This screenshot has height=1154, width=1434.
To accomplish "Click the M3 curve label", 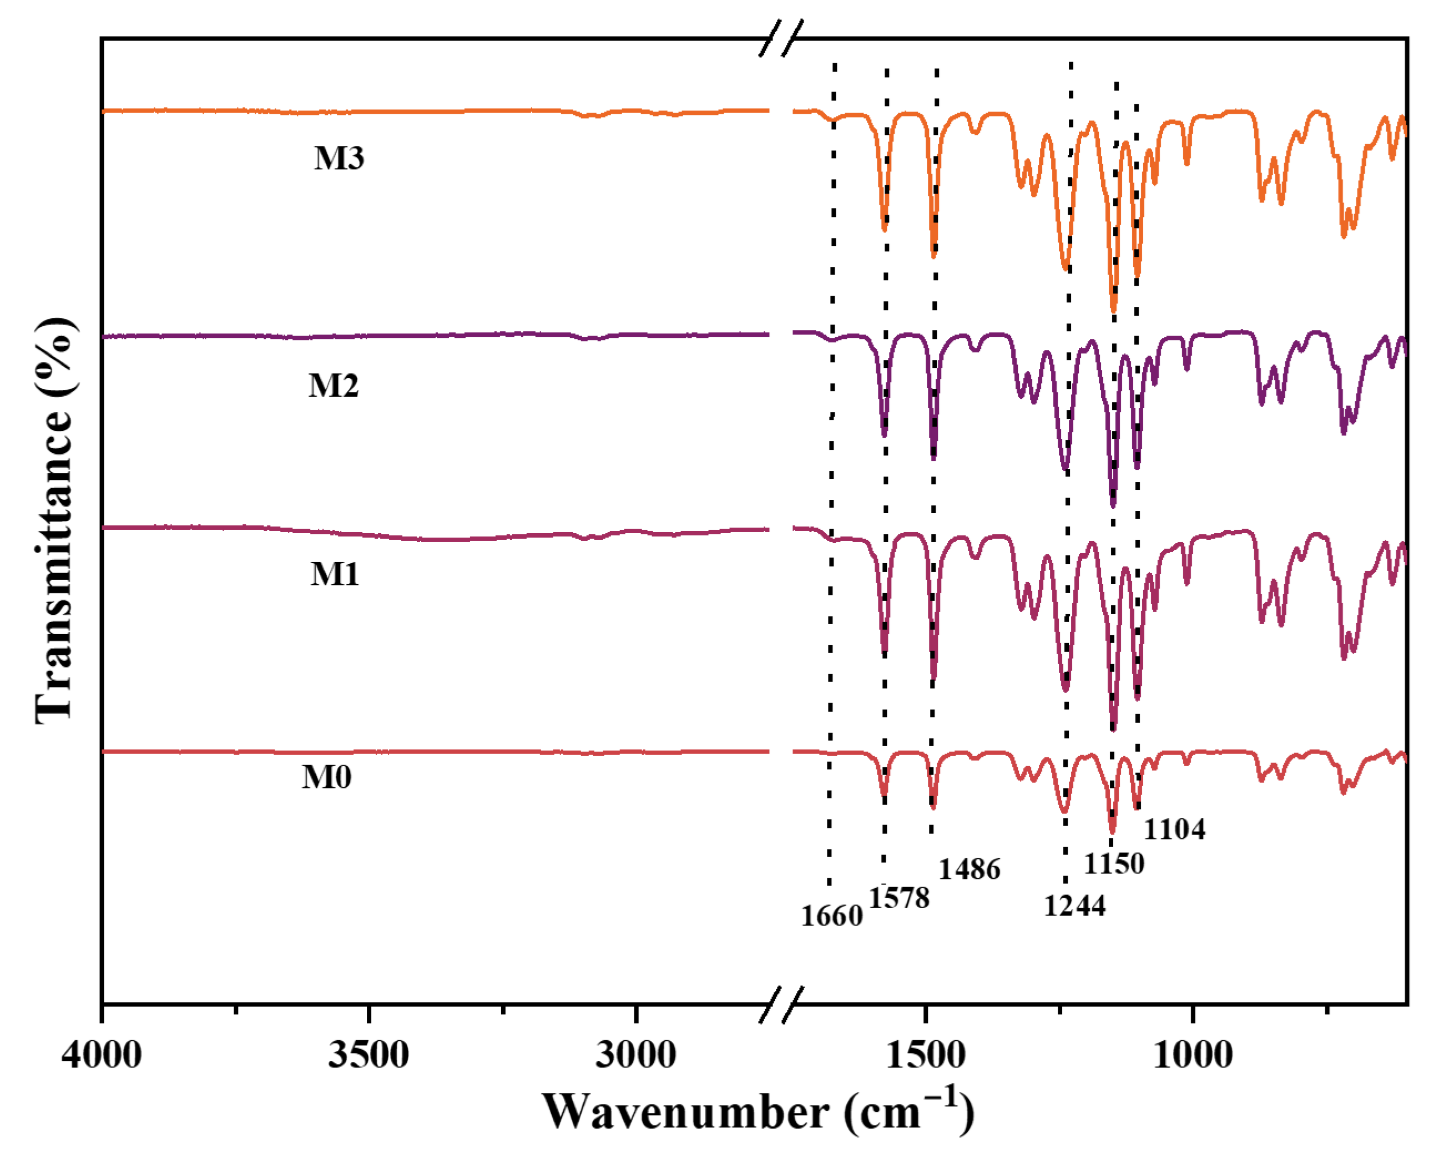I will point(339,158).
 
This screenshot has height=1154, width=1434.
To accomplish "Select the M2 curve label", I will point(333,386).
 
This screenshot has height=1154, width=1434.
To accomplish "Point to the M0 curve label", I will point(326,777).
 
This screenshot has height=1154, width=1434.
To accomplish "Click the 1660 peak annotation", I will point(831,917).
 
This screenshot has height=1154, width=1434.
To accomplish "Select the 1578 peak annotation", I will point(899,898).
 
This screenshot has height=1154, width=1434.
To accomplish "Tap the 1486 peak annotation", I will point(969,869).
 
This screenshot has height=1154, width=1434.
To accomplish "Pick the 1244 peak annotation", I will point(1074,906).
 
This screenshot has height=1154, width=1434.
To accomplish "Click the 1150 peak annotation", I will point(1114,864).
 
